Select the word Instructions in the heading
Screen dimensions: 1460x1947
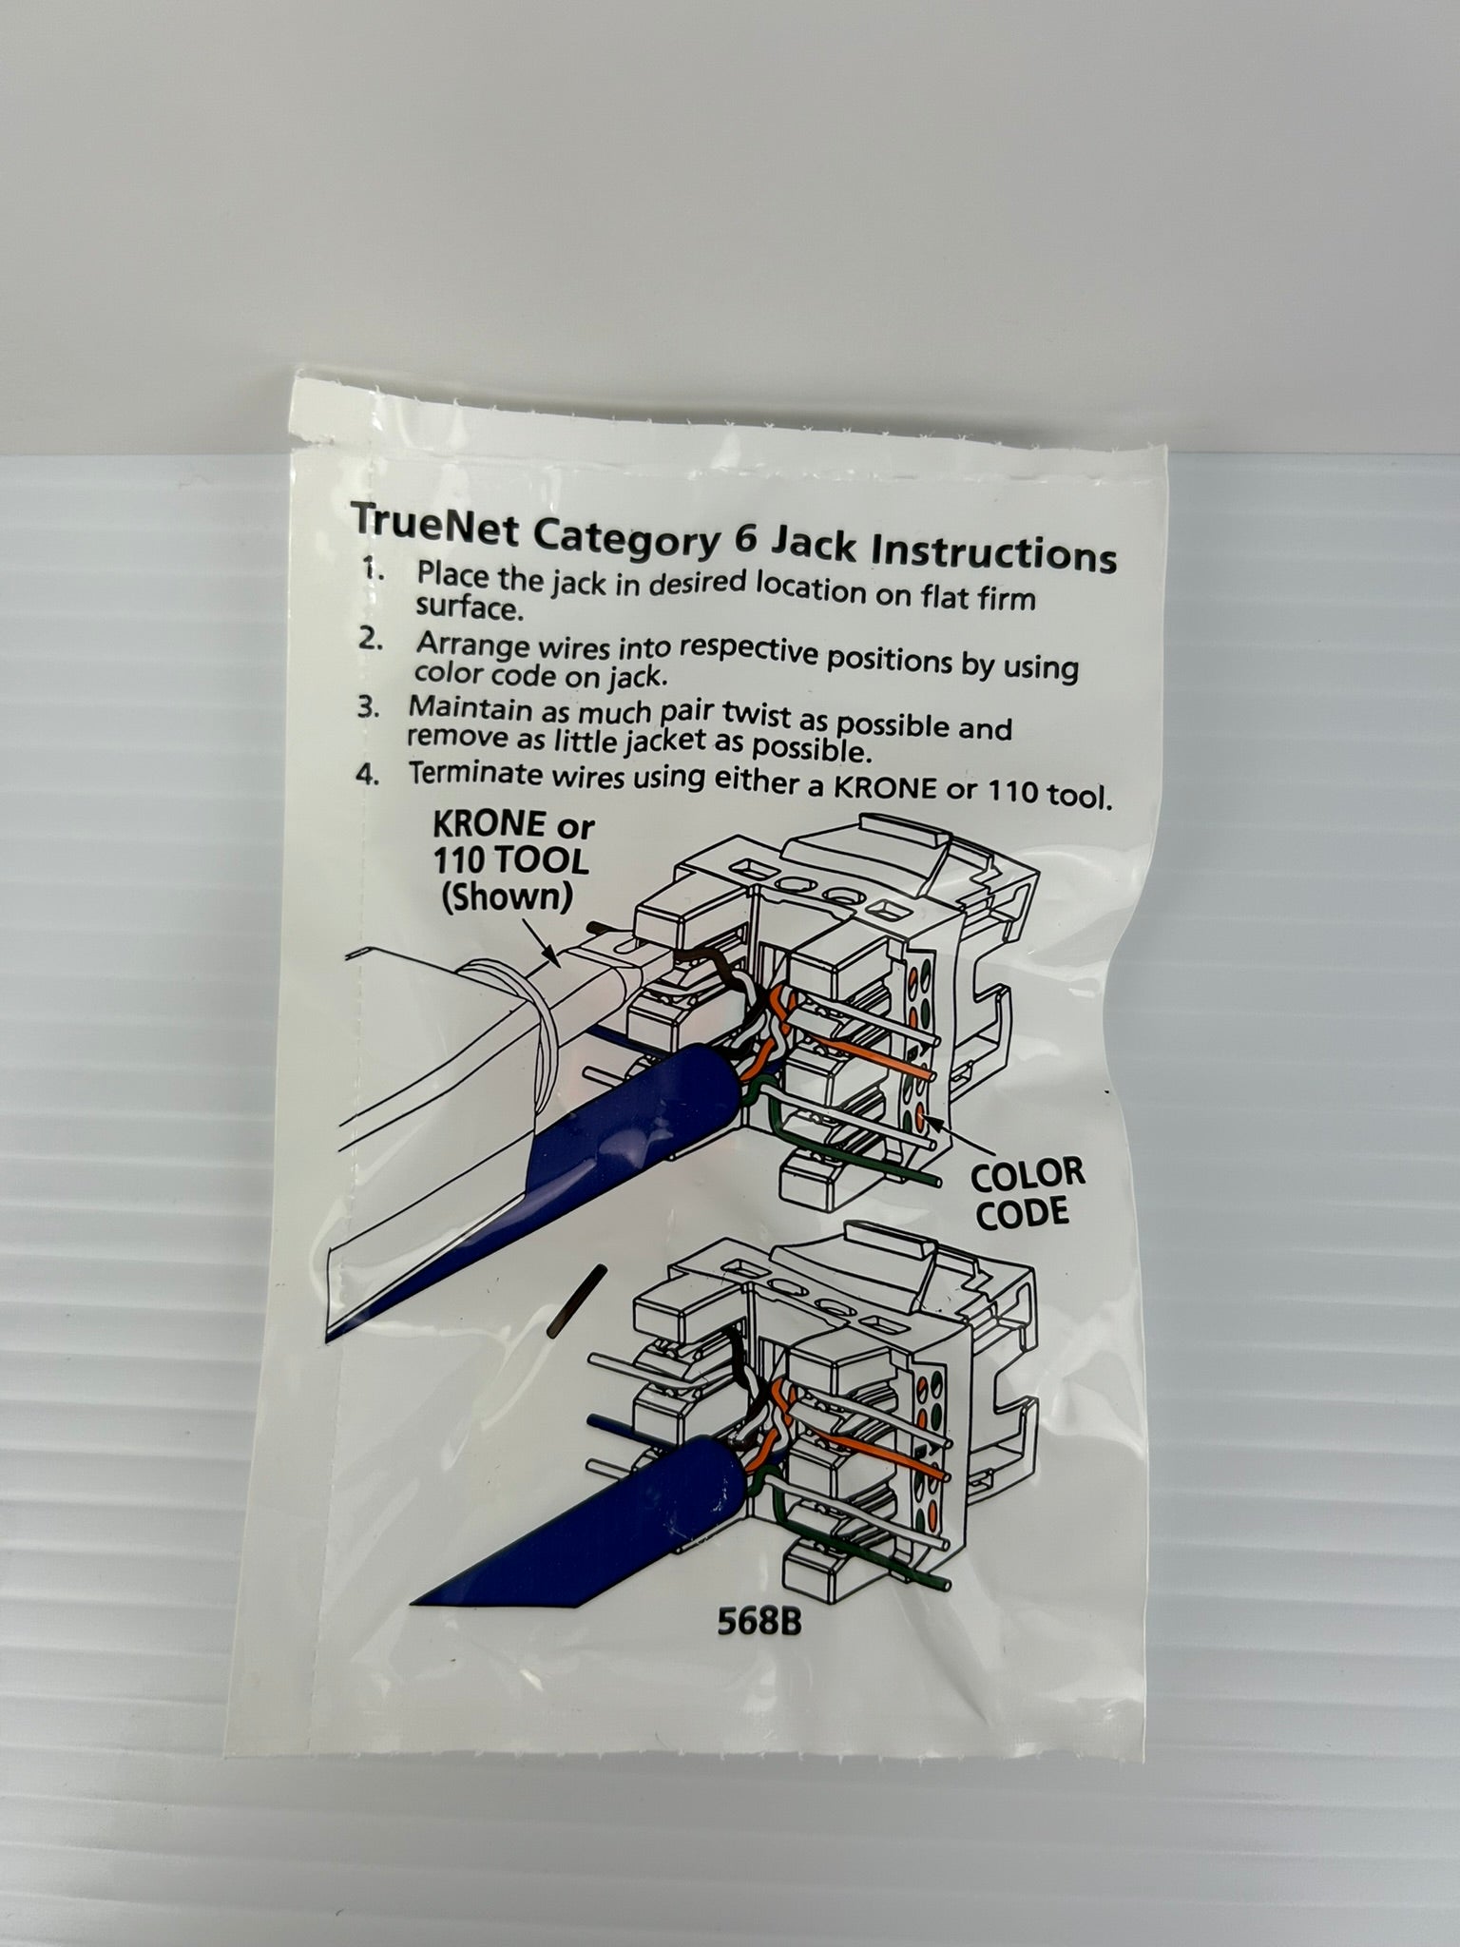[993, 550]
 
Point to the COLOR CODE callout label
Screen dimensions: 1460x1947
[1027, 1193]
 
